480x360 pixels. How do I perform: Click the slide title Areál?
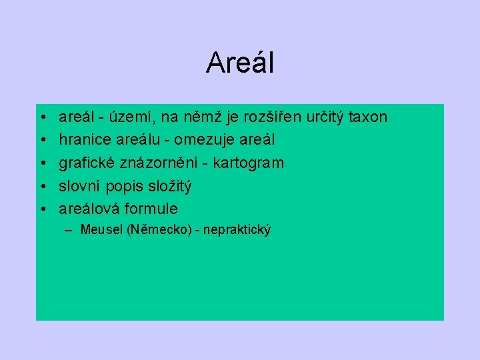[x=240, y=63]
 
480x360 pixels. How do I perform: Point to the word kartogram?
[x=249, y=163]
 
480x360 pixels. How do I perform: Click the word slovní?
[x=79, y=186]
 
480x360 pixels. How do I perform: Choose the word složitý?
[x=167, y=186]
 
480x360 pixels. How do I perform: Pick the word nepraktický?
[x=237, y=231]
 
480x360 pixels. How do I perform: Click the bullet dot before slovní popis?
[x=42, y=186]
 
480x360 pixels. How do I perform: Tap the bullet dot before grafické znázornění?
[x=42, y=163]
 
